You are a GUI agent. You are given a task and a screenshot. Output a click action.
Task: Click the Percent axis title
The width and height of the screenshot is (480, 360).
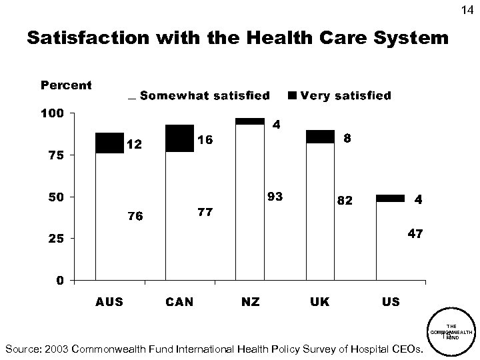[67, 86]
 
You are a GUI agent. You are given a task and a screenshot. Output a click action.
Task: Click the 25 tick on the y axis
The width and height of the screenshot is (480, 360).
[55, 239]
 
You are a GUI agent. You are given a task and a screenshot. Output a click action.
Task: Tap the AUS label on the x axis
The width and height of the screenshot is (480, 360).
[109, 302]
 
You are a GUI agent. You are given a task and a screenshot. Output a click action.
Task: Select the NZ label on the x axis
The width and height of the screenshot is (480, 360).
[250, 302]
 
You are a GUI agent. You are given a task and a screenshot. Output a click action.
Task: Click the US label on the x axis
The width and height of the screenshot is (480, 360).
[390, 302]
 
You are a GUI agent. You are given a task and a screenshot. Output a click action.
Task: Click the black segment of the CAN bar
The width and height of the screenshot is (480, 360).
[179, 138]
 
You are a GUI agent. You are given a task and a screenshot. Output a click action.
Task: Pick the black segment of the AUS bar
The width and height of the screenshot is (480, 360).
[109, 143]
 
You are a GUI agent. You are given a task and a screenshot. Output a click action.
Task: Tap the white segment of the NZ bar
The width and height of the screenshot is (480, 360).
[250, 200]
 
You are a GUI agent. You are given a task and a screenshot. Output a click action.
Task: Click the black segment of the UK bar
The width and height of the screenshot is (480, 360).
[320, 136]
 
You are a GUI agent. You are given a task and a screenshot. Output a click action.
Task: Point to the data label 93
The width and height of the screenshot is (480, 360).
[274, 197]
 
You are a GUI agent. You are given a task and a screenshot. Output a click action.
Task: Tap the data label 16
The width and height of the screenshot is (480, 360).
[205, 140]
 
